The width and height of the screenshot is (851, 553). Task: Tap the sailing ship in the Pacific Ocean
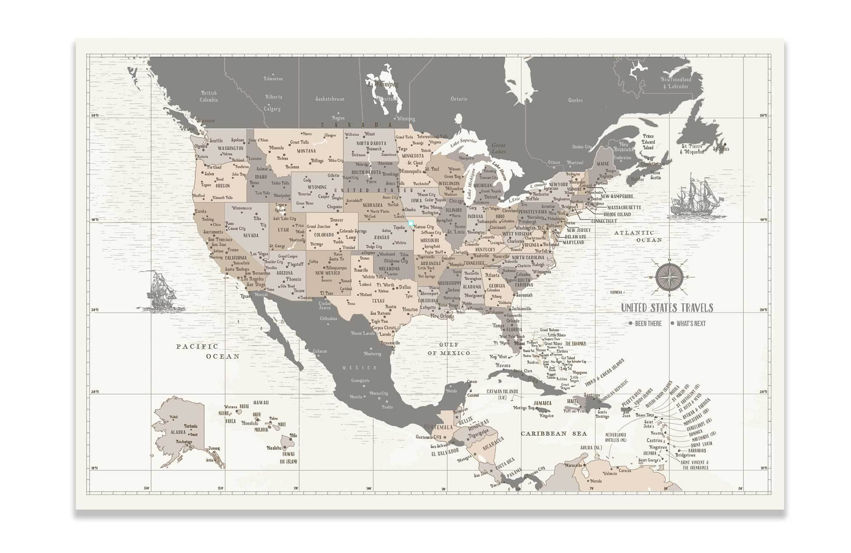pos(162,290)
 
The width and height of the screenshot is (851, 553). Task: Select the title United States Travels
pos(667,308)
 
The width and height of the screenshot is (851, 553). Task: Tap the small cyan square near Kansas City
pos(411,222)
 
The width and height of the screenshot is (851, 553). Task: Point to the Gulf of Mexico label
pos(449,349)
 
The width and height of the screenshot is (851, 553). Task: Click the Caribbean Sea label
pos(554,433)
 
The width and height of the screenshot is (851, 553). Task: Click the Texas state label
pos(378,301)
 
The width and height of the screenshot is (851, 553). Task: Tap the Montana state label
pos(306,151)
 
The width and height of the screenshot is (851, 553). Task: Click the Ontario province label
pos(459,99)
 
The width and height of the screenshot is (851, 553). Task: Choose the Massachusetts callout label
pos(624,208)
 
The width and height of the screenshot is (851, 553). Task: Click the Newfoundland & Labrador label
pos(676,83)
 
